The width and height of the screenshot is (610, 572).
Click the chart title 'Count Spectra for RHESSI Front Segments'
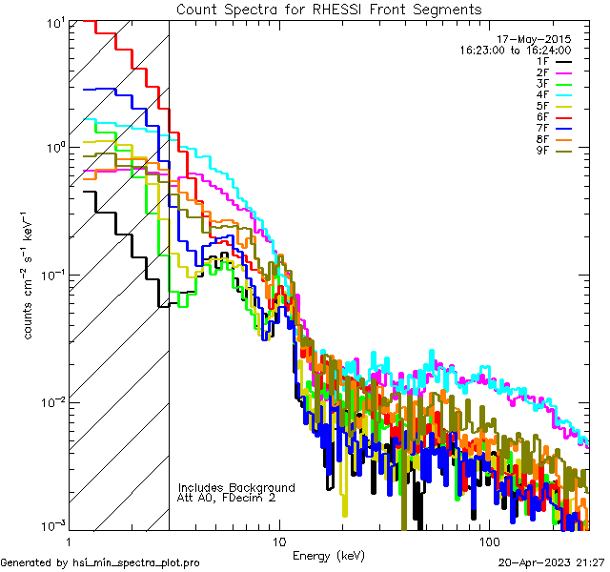329,10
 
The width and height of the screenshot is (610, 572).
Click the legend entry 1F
542,61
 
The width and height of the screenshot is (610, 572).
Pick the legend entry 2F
542,72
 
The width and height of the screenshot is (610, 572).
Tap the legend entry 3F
542,84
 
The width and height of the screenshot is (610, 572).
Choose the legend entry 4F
542,94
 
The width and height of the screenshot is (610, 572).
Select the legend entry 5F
542,106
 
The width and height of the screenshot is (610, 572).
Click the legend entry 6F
542,117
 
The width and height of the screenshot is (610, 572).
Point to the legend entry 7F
542,128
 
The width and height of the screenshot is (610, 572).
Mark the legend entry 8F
542,139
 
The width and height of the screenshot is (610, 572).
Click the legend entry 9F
542,151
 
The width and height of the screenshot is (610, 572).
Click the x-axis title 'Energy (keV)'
329,555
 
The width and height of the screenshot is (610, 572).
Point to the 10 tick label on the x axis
278,541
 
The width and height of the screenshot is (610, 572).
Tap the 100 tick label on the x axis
488,541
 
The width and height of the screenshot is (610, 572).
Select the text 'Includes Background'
236,487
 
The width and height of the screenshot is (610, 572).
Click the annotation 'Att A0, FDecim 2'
227,498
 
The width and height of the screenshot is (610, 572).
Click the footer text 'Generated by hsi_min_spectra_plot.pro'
101,563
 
